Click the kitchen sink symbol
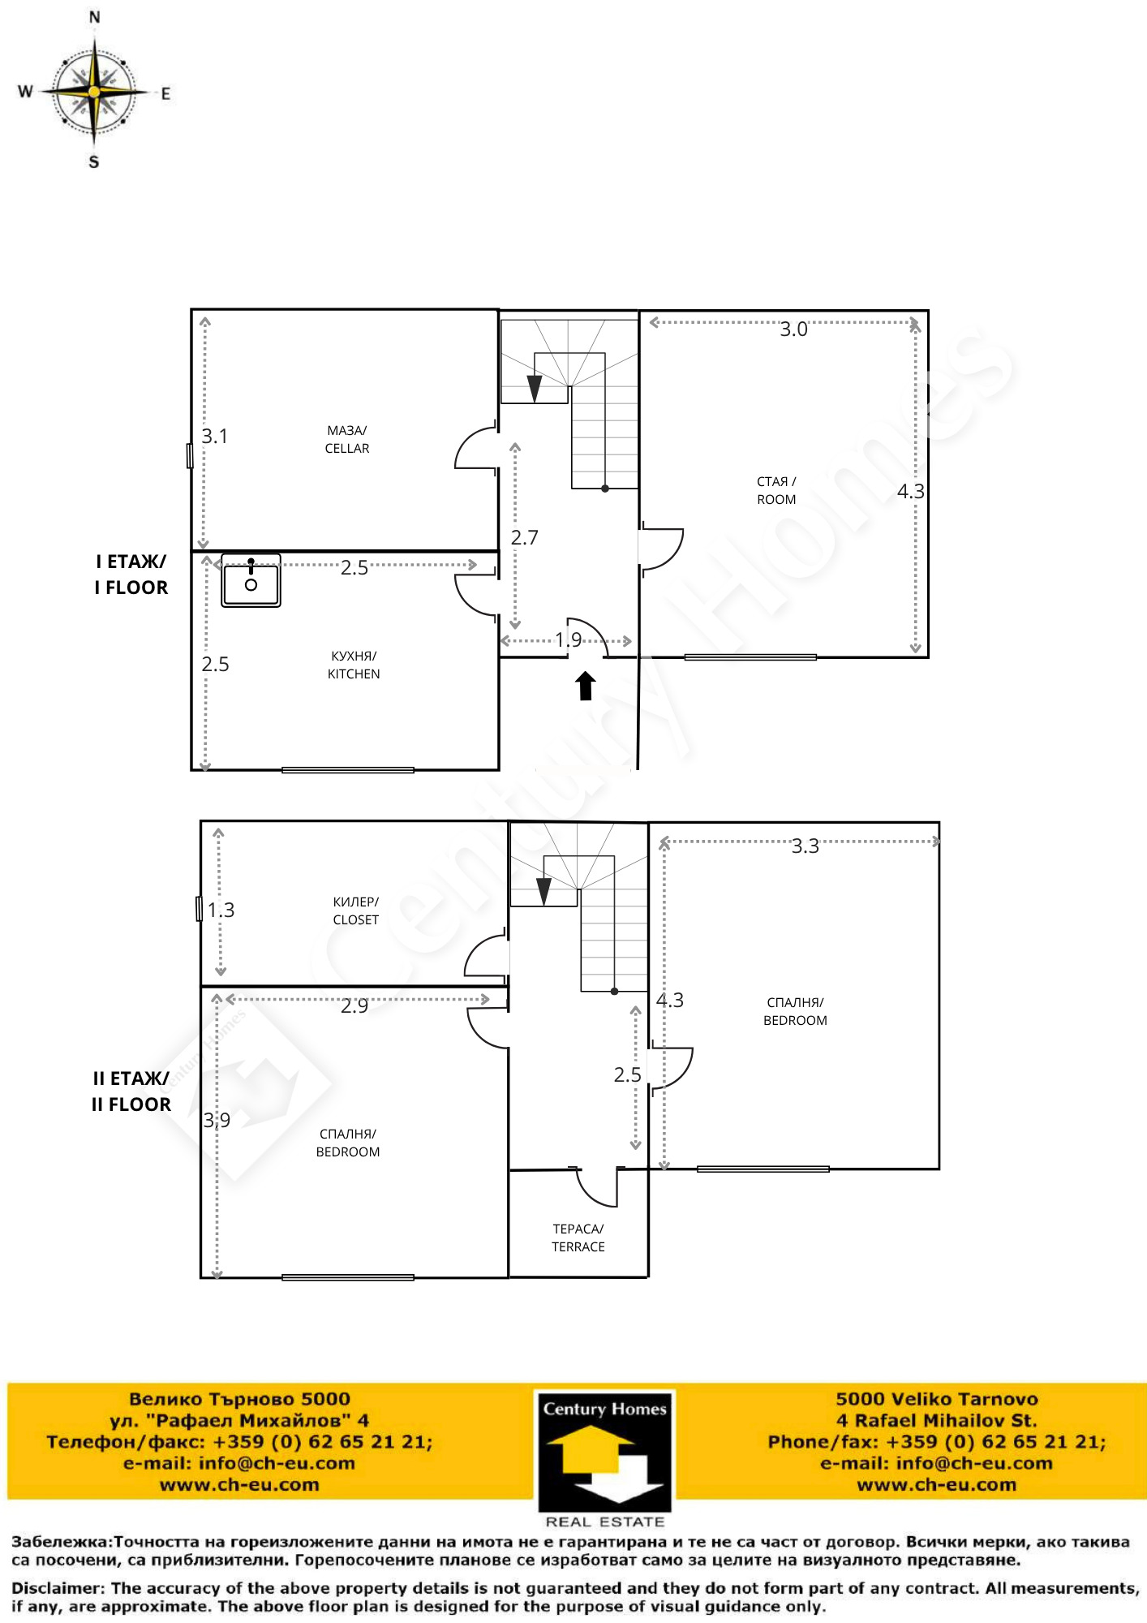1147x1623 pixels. (251, 580)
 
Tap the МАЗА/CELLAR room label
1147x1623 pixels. (347, 439)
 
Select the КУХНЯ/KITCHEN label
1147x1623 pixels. (354, 665)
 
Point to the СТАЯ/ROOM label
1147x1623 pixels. (776, 490)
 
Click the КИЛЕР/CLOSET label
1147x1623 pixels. (356, 911)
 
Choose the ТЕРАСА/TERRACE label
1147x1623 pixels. (578, 1238)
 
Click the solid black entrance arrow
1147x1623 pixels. (586, 685)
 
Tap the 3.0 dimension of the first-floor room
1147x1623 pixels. (793, 329)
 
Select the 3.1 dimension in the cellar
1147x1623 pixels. (215, 436)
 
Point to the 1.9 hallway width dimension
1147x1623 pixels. (569, 639)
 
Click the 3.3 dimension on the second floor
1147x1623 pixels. (805, 846)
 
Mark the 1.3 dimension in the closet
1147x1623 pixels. (221, 910)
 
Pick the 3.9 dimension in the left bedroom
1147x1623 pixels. (217, 1120)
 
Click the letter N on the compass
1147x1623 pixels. (94, 17)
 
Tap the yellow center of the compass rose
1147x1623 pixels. (95, 93)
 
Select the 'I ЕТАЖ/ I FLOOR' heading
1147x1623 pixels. (131, 575)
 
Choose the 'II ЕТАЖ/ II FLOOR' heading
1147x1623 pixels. (131, 1091)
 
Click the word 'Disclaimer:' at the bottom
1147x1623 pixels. (58, 1588)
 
